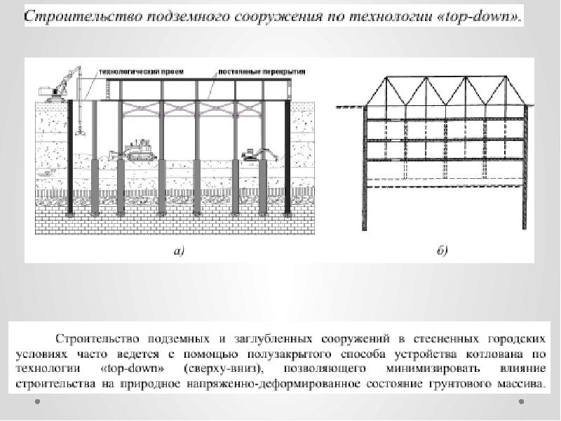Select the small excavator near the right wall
coord(253,154)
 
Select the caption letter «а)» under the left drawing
coord(179,251)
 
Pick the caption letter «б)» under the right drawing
coord(442,250)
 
